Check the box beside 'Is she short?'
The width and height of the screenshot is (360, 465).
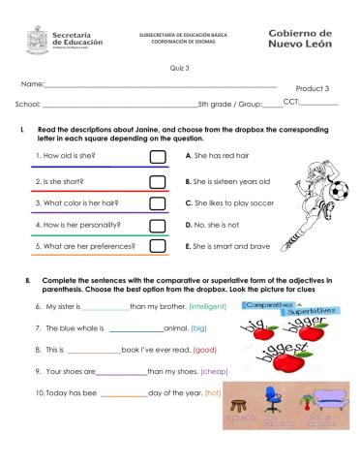coord(158,181)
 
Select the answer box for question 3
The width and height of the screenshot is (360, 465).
coord(158,203)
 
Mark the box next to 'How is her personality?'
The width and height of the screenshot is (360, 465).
coord(158,226)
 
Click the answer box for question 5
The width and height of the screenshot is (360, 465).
coord(158,247)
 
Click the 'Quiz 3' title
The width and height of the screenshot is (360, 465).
coord(180,68)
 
